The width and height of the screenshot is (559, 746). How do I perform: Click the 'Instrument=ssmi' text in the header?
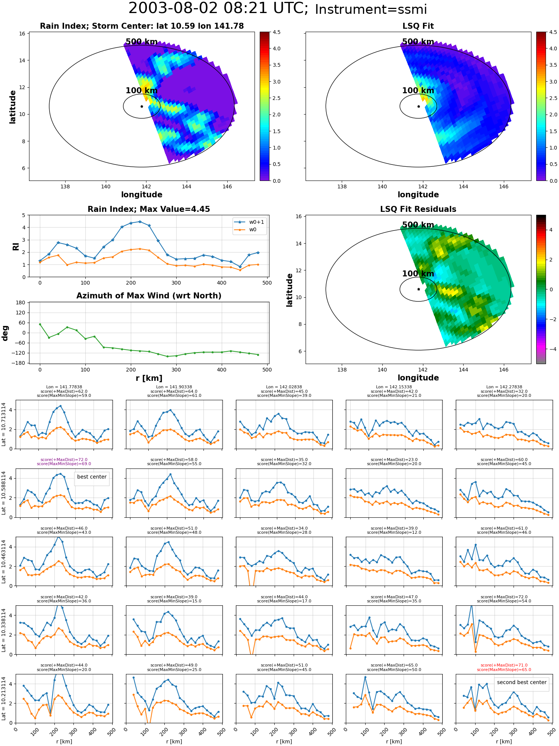[x=371, y=10]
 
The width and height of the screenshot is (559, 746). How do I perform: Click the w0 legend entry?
[x=250, y=229]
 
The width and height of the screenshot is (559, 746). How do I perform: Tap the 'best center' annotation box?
[x=92, y=477]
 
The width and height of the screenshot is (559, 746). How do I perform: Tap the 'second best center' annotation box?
[x=521, y=682]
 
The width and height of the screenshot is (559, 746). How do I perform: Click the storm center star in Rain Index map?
[x=142, y=106]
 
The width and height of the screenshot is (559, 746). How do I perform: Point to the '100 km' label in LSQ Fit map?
[x=418, y=90]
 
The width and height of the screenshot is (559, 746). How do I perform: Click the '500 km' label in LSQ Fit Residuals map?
[x=418, y=225]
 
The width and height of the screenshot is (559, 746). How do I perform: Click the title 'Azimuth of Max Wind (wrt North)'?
[x=149, y=296]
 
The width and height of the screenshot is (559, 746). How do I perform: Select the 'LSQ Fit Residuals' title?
[x=418, y=209]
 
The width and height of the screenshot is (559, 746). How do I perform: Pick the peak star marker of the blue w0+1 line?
[x=140, y=222]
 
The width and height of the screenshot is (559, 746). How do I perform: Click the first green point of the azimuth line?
[x=40, y=324]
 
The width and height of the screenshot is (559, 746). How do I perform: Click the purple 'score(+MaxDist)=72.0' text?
[x=64, y=460]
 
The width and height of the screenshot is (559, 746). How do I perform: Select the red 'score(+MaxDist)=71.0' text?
[x=504, y=665]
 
